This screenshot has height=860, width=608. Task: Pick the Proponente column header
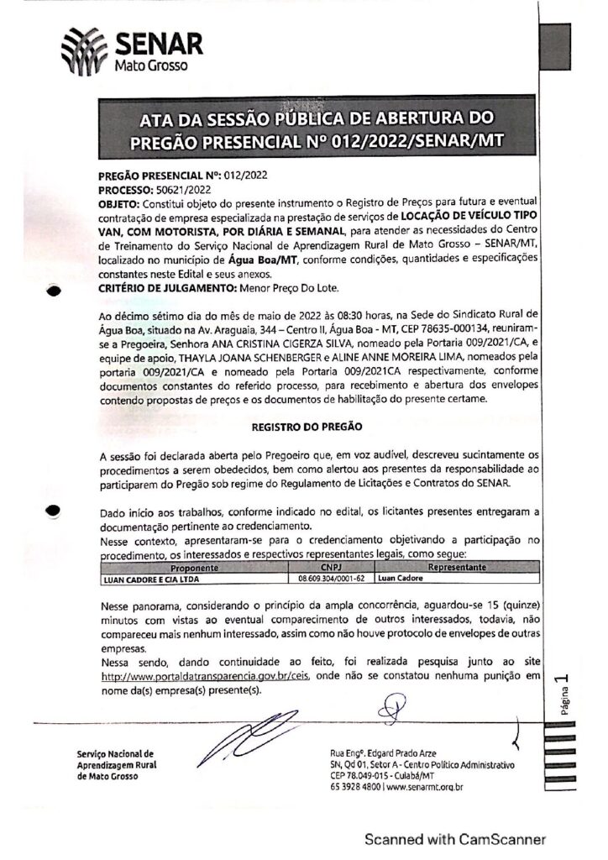(x=195, y=568)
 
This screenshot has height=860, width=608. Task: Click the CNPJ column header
(x=331, y=568)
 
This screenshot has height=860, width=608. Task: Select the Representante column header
(x=458, y=568)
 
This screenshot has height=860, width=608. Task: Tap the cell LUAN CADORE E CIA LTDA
(x=144, y=579)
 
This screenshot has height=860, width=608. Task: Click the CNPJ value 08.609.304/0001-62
(x=331, y=579)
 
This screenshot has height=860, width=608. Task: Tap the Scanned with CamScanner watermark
(x=454, y=838)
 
